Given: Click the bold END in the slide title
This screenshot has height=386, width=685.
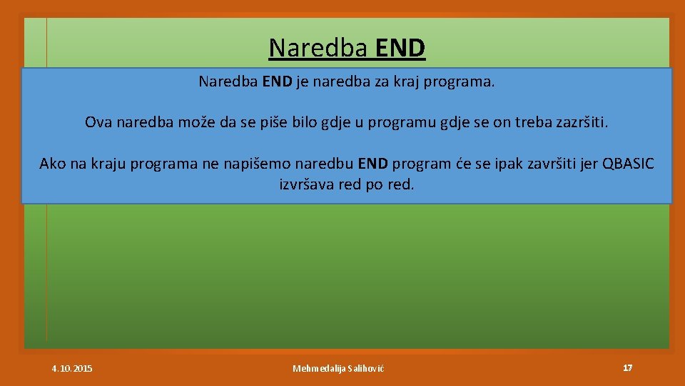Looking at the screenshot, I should pyautogui.click(x=400, y=48).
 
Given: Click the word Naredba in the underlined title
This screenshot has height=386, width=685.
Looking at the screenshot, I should pyautogui.click(x=318, y=48).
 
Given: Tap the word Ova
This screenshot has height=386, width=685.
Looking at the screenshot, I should pyautogui.click(x=98, y=122).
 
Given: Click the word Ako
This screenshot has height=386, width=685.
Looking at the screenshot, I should pyautogui.click(x=53, y=164).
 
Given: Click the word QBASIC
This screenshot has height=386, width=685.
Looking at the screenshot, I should pyautogui.click(x=628, y=164).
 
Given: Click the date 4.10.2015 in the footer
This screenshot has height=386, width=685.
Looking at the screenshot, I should pyautogui.click(x=72, y=368).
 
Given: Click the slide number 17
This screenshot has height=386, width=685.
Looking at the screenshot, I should pyautogui.click(x=627, y=367).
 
